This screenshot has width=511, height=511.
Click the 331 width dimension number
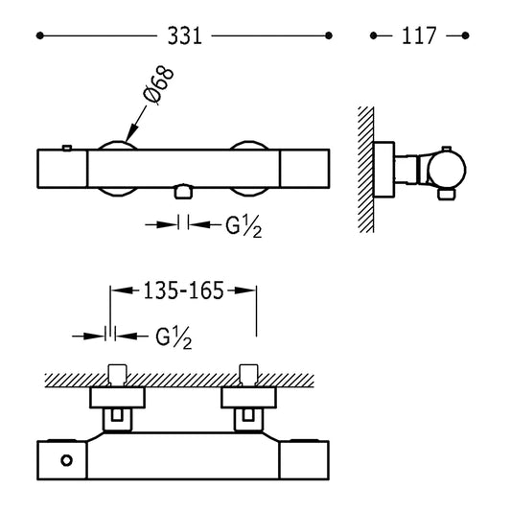(x=184, y=35)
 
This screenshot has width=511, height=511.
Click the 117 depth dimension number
(x=419, y=35)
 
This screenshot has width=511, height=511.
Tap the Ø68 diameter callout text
(x=158, y=85)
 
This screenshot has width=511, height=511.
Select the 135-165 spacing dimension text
(x=183, y=290)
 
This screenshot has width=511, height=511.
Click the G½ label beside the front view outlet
(x=244, y=226)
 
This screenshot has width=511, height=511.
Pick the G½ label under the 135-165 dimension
(x=174, y=338)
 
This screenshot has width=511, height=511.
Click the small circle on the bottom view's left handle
(x=66, y=460)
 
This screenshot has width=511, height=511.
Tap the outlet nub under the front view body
(x=183, y=192)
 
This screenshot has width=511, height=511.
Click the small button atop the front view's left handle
(x=67, y=148)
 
